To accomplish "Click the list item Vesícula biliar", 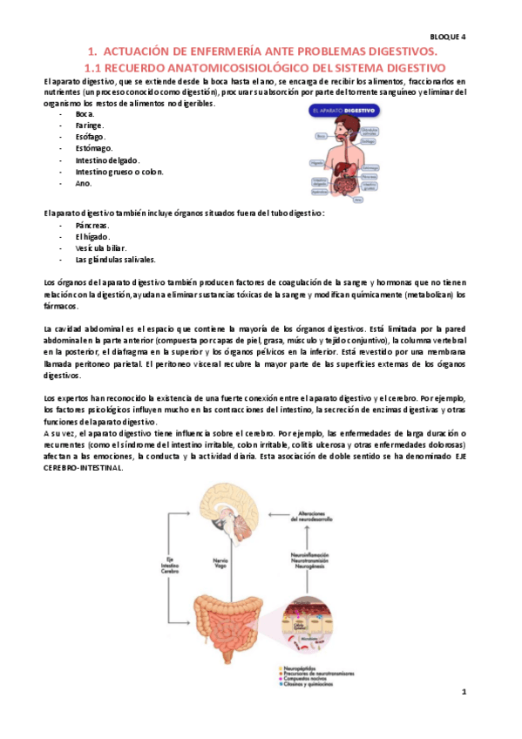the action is tap(100, 247).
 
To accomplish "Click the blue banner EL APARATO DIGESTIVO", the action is tap(342, 112).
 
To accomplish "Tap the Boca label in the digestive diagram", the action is tap(321, 137).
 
